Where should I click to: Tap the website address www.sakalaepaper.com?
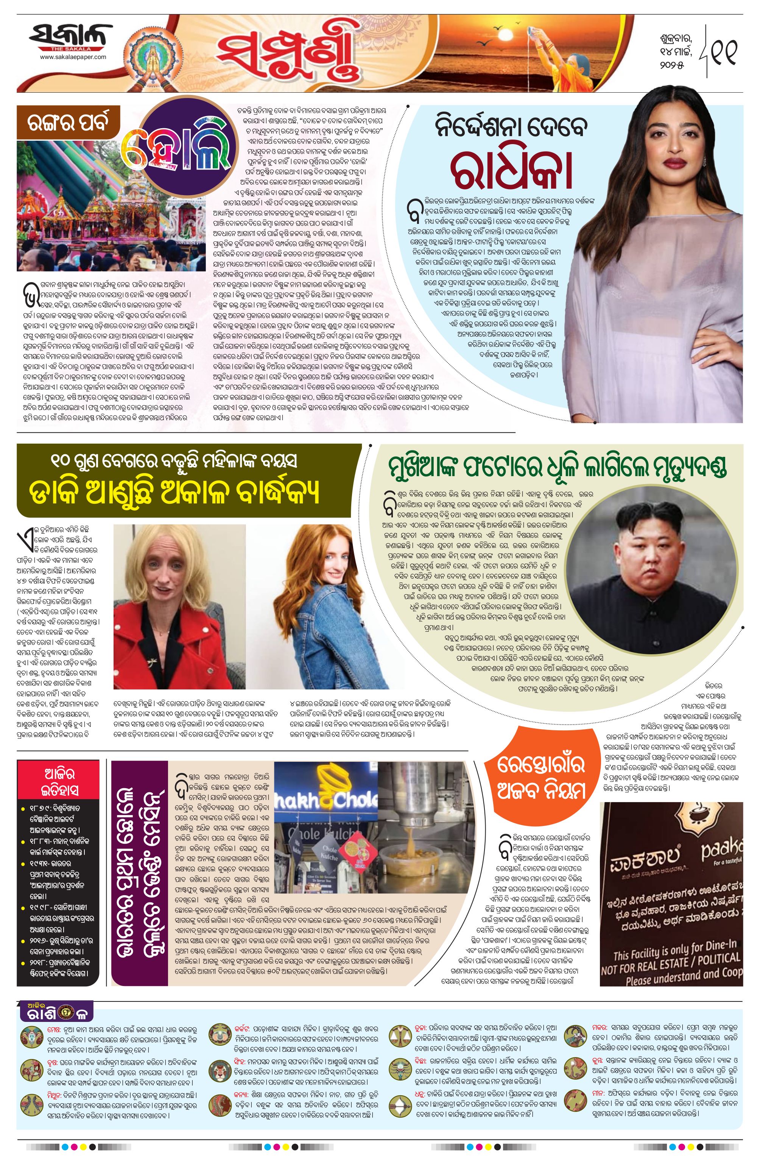click(73, 57)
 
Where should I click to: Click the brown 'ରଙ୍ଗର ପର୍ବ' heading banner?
click(69, 125)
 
